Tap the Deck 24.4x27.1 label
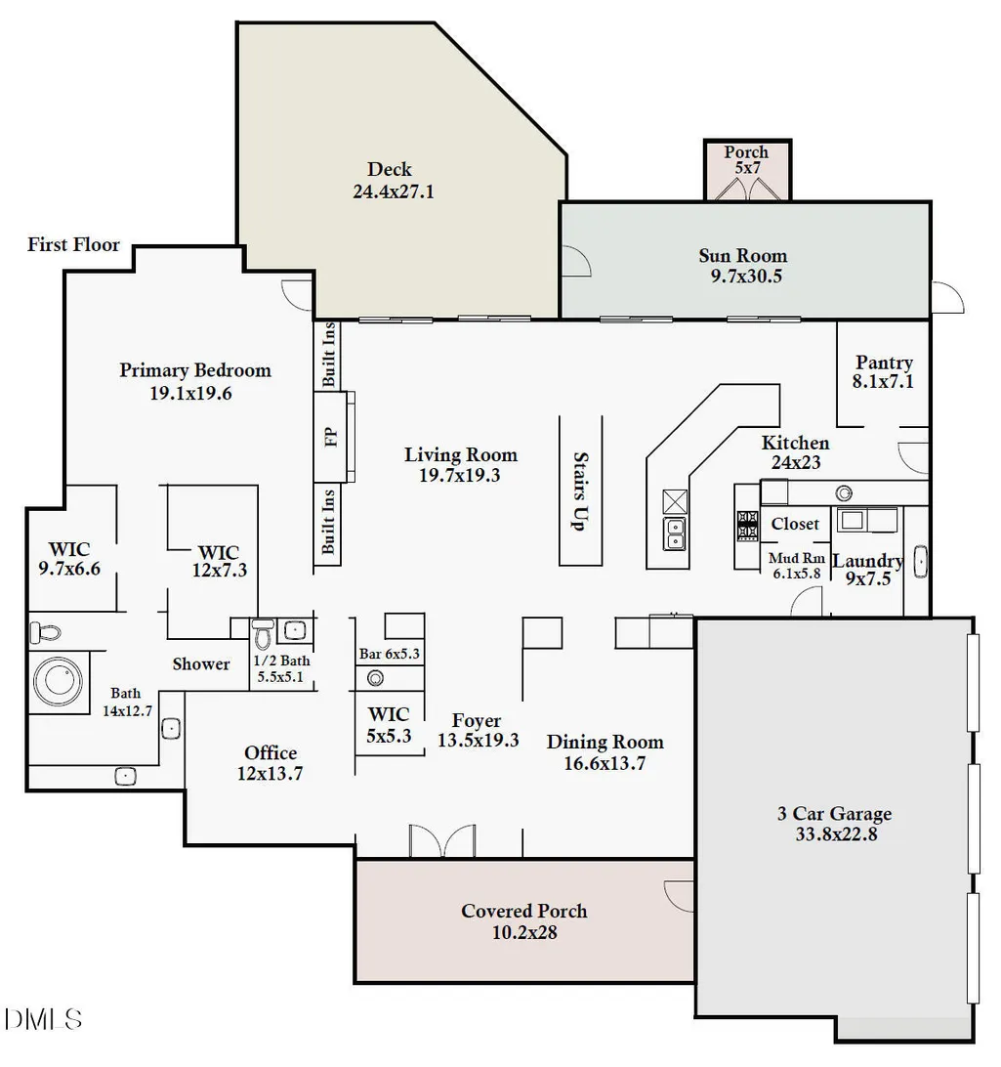click(x=393, y=181)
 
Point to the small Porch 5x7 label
click(x=747, y=160)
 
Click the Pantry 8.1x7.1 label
click(x=884, y=371)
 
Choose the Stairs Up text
click(x=579, y=491)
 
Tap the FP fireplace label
click(x=331, y=436)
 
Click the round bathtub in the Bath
click(x=59, y=681)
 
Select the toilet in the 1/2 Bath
click(x=263, y=633)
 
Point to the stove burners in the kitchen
click(x=747, y=526)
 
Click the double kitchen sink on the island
click(x=675, y=533)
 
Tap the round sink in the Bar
click(x=375, y=678)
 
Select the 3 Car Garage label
click(x=835, y=824)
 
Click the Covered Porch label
click(x=524, y=921)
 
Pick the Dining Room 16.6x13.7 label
click(x=605, y=752)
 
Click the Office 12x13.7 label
click(x=270, y=763)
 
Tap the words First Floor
click(x=73, y=244)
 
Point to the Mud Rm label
click(x=797, y=558)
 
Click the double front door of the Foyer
click(x=442, y=841)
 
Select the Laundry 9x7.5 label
click(x=868, y=570)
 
